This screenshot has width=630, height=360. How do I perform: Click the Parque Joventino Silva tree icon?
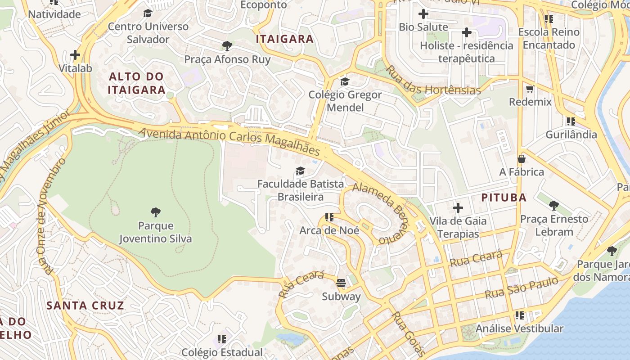pyautogui.click(x=156, y=212)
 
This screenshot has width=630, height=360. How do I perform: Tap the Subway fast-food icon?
pyautogui.click(x=341, y=283)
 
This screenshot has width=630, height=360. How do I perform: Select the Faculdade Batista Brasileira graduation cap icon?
pyautogui.click(x=300, y=171)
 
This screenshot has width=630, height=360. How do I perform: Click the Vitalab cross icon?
pyautogui.click(x=75, y=55)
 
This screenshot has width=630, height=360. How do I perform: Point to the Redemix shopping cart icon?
pyautogui.click(x=530, y=89)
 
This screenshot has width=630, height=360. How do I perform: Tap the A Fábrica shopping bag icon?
pyautogui.click(x=522, y=159)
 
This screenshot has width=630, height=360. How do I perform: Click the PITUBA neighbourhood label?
pyautogui.click(x=504, y=198)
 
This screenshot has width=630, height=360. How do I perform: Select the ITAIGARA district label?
pyautogui.click(x=284, y=39)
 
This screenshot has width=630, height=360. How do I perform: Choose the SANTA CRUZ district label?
pyautogui.click(x=85, y=306)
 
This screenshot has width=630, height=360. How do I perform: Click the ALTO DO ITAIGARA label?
pyautogui.click(x=137, y=83)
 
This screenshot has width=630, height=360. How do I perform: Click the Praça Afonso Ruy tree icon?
pyautogui.click(x=227, y=46)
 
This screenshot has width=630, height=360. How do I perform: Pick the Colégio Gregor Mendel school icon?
pyautogui.click(x=345, y=81)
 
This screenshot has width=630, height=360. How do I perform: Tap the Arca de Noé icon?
pyautogui.click(x=329, y=217)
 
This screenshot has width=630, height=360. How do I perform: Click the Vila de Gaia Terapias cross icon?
pyautogui.click(x=458, y=208)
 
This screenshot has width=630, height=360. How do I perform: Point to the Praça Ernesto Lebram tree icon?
pyautogui.click(x=553, y=206)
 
